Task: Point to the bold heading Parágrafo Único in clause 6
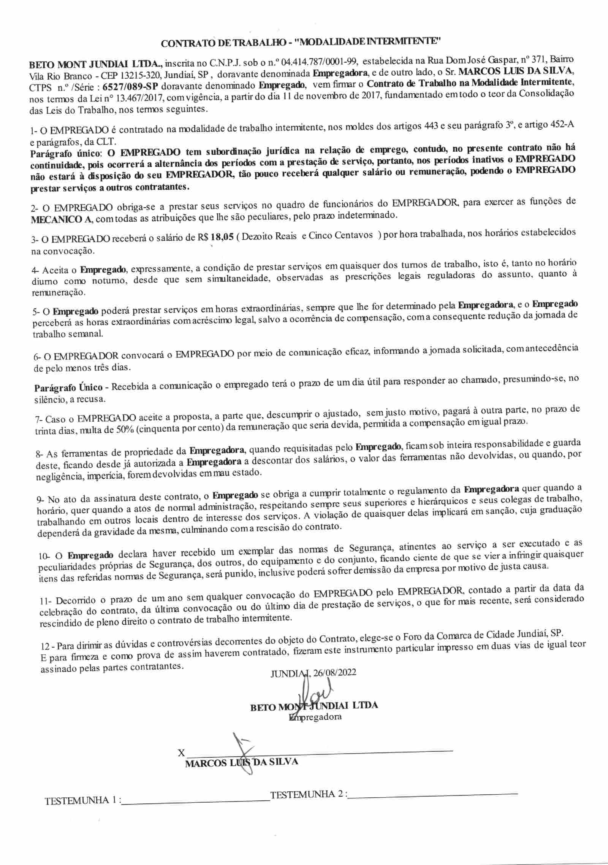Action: (69, 388)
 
